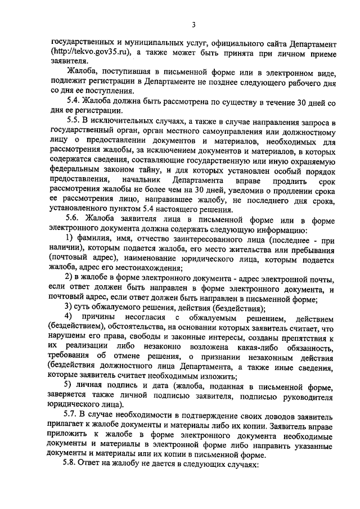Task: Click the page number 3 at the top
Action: (x=193, y=25)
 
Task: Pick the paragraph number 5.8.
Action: (x=73, y=466)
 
